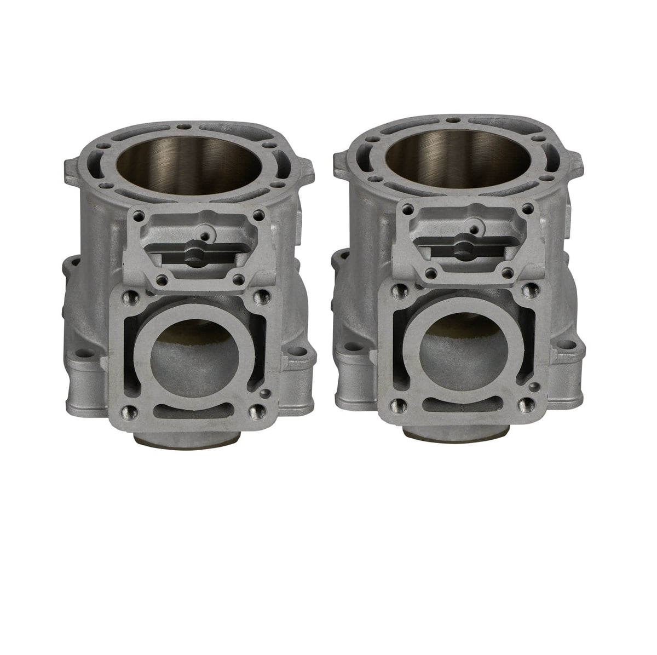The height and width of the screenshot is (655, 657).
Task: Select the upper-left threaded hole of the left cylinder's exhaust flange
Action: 129,298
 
